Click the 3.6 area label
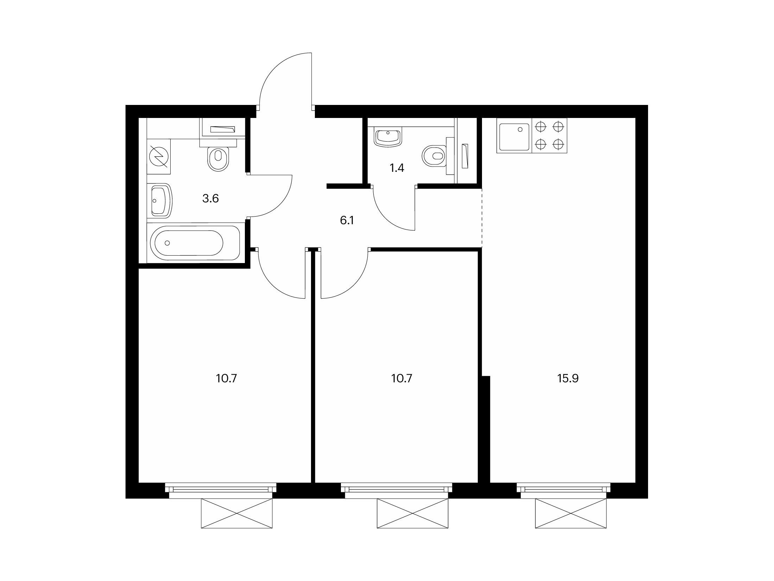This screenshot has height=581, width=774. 210,199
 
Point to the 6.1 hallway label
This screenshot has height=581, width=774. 347,220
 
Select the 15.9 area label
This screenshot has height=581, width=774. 568,379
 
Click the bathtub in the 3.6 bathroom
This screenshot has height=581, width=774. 195,243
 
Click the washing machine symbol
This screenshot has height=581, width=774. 159,156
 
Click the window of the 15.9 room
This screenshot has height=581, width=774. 564,491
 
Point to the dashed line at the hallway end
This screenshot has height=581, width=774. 482,218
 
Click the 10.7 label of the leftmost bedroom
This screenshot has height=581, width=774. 226,379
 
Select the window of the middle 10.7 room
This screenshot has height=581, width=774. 396,491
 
